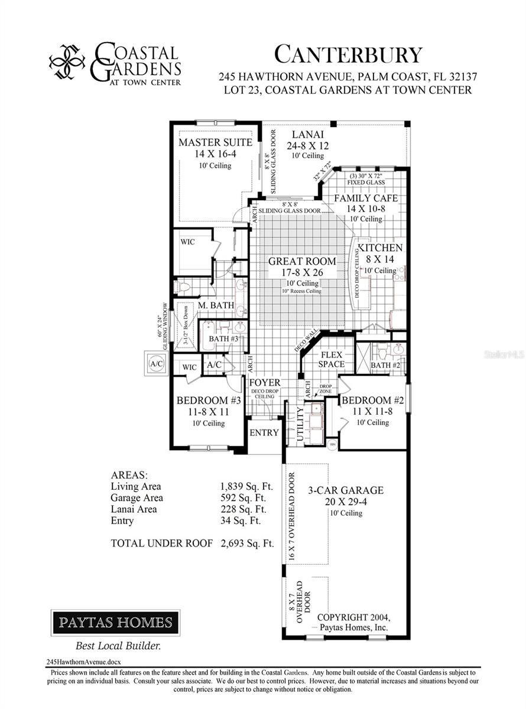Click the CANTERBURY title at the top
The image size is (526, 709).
point(349,55)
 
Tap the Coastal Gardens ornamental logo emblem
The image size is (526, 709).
point(67,62)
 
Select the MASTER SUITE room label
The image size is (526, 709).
point(215,142)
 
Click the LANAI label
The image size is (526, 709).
point(307,134)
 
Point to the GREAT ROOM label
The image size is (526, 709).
point(302,261)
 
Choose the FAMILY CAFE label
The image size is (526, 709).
point(366,198)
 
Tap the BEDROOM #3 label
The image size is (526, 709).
point(209,401)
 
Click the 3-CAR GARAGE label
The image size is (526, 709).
point(346,490)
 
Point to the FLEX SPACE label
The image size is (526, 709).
point(332,359)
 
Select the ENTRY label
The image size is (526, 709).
point(264,432)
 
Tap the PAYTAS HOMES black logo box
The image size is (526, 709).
point(115,622)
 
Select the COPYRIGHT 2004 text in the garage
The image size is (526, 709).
point(353,617)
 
